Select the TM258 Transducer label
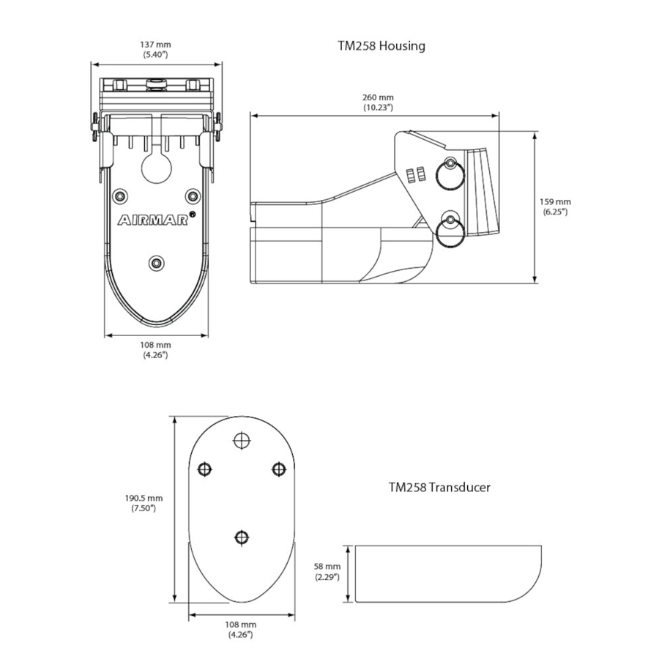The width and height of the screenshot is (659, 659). tap(439, 486)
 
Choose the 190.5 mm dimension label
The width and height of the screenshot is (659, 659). tap(144, 502)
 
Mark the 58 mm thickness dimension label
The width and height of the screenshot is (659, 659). tap(327, 571)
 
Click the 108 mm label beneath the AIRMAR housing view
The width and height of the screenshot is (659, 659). tap(155, 349)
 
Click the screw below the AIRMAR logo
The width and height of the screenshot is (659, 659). tap(156, 263)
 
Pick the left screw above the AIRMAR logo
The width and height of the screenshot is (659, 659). tap(119, 196)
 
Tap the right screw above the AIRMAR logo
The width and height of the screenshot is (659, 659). tap(193, 196)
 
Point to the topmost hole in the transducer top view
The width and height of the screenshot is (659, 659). tap(242, 439)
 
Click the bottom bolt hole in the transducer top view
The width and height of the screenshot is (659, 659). tap(242, 538)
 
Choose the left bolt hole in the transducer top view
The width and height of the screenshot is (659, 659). tap(206, 469)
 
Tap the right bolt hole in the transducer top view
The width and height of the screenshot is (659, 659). tap(278, 469)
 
